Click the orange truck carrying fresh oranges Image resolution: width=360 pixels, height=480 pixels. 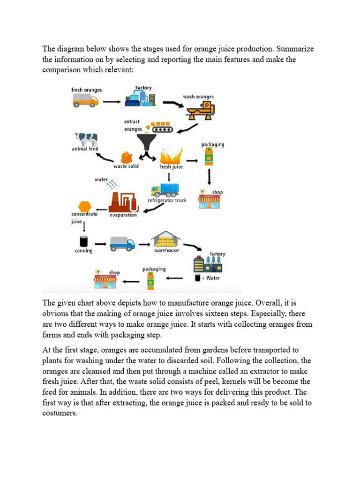pyautogui.click(x=86, y=101)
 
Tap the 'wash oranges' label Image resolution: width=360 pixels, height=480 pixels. pyautogui.click(x=198, y=97)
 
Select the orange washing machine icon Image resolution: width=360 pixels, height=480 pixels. pyautogui.click(x=201, y=111)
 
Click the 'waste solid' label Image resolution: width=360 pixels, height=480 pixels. pyautogui.click(x=126, y=166)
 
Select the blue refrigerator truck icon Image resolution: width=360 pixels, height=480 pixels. pyautogui.click(x=165, y=189)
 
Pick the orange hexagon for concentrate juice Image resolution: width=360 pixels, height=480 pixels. pyautogui.click(x=84, y=206)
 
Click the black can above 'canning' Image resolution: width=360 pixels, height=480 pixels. pyautogui.click(x=83, y=241)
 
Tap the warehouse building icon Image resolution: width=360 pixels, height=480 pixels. pyautogui.click(x=166, y=239)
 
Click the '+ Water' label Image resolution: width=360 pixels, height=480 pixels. pyautogui.click(x=210, y=278)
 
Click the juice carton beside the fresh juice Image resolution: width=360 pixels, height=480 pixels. pyautogui.click(x=207, y=157)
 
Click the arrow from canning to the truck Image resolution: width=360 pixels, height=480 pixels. pyautogui.click(x=99, y=244)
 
